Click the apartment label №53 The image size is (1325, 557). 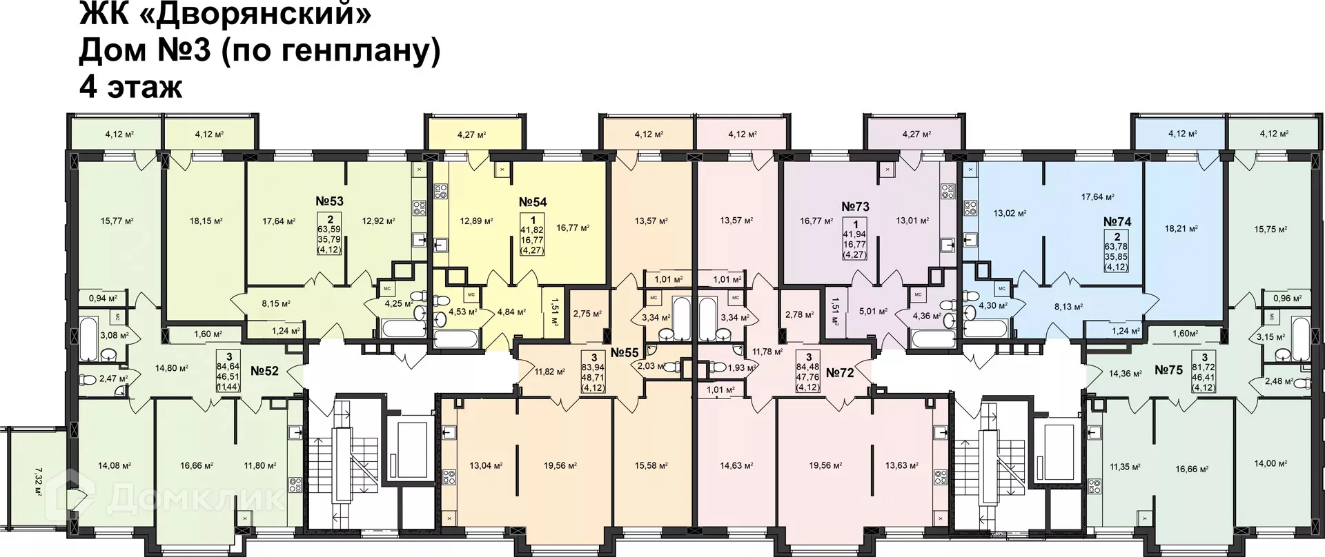(x=329, y=201)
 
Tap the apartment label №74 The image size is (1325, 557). (x=1117, y=222)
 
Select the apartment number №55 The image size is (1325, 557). (x=624, y=352)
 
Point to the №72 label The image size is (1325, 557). (x=840, y=373)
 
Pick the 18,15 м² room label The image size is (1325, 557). (x=206, y=221)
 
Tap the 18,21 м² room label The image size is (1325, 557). (x=1181, y=228)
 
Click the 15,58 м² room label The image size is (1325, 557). (x=651, y=466)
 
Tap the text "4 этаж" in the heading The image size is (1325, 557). (x=131, y=88)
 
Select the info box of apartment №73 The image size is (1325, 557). (x=855, y=239)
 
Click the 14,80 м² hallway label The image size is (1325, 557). (x=172, y=368)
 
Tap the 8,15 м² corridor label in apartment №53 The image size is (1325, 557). (x=275, y=303)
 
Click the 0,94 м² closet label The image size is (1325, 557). (x=103, y=298)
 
